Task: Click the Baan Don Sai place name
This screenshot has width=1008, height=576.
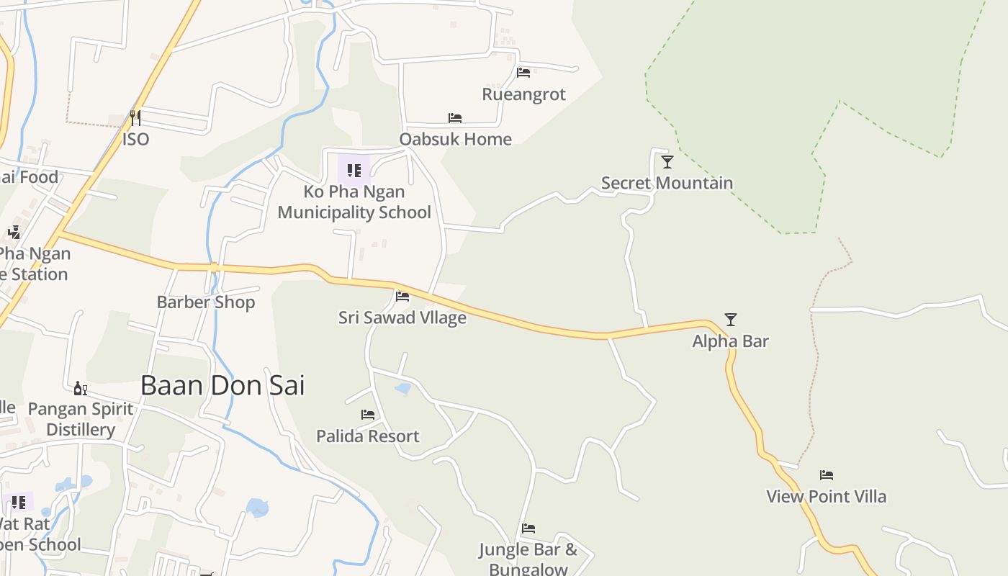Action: [x=222, y=386]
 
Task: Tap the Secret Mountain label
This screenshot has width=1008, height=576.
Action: [x=667, y=183]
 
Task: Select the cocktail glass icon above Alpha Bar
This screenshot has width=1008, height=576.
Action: [x=731, y=320]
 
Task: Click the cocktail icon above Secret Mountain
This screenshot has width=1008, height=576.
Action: [x=667, y=162]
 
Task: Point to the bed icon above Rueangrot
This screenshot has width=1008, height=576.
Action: [x=523, y=73]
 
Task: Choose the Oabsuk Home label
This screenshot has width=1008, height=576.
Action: [x=455, y=139]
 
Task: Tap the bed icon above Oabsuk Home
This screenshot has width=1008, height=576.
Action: [x=455, y=118]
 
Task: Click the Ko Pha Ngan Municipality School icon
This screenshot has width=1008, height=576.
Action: [x=354, y=171]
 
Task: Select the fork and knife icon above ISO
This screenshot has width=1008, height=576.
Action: [x=135, y=117]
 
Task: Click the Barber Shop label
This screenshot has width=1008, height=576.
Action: [x=206, y=302]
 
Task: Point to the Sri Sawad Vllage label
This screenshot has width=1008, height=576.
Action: [x=402, y=318]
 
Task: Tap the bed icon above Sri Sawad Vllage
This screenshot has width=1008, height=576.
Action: [x=402, y=296]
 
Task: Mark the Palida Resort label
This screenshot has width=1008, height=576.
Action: [x=368, y=436]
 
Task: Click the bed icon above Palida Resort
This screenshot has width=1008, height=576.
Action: [x=368, y=415]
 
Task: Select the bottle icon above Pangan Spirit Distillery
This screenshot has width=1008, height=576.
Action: [x=81, y=389]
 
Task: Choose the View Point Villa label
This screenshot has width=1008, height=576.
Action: [x=826, y=496]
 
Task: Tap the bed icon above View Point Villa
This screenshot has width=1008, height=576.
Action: [x=827, y=475]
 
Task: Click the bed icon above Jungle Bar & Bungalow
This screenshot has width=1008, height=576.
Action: [x=528, y=528]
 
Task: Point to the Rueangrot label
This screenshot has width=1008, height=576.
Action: [x=523, y=94]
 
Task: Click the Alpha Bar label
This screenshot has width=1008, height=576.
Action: [x=730, y=341]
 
